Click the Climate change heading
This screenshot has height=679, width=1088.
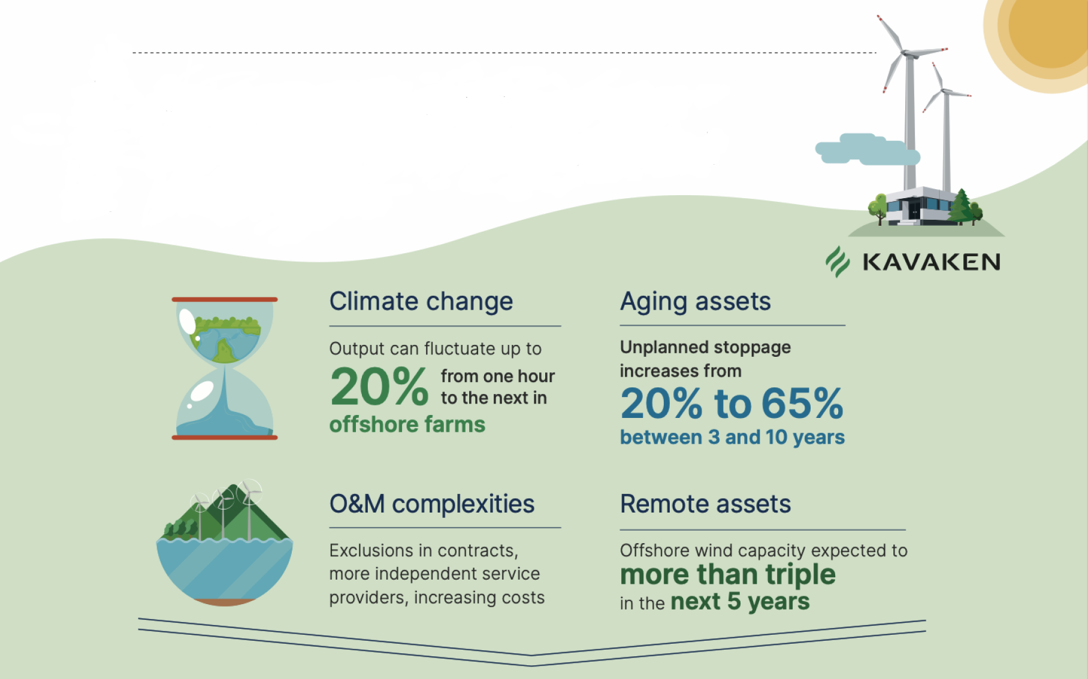(421, 301)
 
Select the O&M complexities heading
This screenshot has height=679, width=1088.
(432, 504)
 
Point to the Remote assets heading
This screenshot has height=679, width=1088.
(706, 504)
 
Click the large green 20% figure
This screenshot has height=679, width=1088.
(379, 387)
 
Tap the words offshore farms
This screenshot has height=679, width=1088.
(407, 425)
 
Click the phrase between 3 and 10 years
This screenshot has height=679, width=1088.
(732, 438)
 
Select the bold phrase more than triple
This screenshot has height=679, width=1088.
(728, 575)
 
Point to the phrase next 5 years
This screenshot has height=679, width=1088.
(740, 602)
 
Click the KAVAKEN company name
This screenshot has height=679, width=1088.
(932, 262)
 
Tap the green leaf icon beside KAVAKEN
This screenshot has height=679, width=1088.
(838, 262)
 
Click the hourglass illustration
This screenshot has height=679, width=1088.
(225, 368)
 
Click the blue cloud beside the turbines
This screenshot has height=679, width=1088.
(868, 149)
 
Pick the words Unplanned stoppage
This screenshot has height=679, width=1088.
(705, 347)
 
